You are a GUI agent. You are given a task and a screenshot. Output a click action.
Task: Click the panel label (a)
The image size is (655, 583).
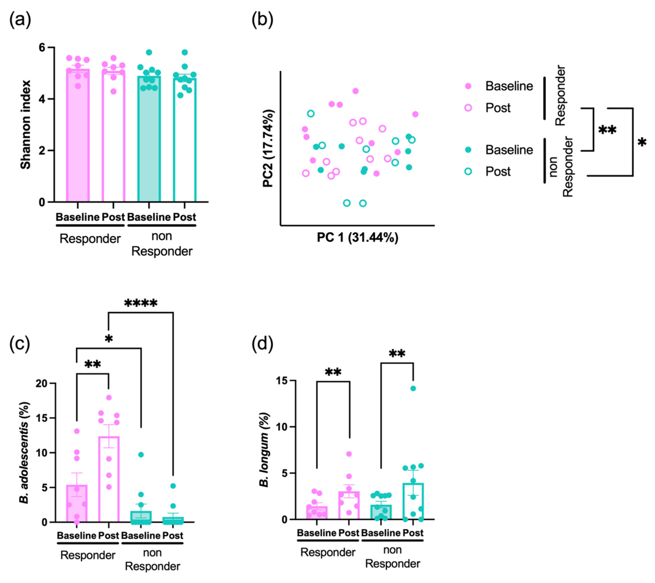point(20,20)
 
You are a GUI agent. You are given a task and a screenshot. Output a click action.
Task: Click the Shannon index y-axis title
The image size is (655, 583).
point(26,125)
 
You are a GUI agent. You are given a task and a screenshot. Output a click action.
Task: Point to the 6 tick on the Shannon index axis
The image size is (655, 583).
point(42,47)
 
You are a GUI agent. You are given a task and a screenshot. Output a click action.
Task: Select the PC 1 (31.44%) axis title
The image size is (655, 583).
point(357,238)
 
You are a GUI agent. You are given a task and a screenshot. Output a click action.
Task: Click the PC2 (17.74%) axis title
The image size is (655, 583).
point(268,148)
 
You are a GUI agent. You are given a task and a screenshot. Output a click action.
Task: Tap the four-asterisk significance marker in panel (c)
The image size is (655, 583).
point(141,303)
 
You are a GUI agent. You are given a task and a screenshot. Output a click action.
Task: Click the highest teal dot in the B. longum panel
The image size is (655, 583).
point(413,388)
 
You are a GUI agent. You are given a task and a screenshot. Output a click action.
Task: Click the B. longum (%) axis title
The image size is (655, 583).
point(264,450)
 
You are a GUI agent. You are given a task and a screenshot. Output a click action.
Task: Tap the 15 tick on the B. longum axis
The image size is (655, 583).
point(282,380)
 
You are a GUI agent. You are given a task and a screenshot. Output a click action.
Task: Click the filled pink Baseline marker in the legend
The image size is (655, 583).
point(468,86)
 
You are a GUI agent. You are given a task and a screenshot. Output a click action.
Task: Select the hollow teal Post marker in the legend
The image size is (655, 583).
point(468,172)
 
